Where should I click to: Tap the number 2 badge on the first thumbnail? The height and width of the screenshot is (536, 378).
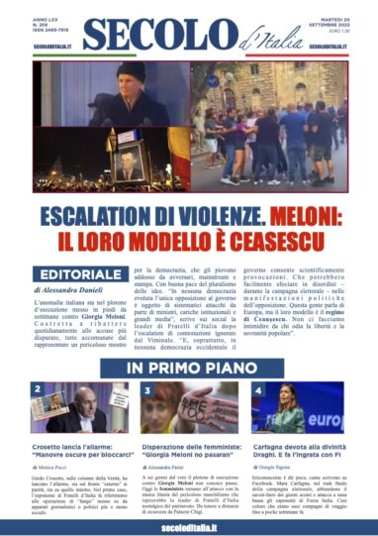pos(38,389)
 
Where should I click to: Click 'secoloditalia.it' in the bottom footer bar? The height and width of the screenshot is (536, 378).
pos(188,525)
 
